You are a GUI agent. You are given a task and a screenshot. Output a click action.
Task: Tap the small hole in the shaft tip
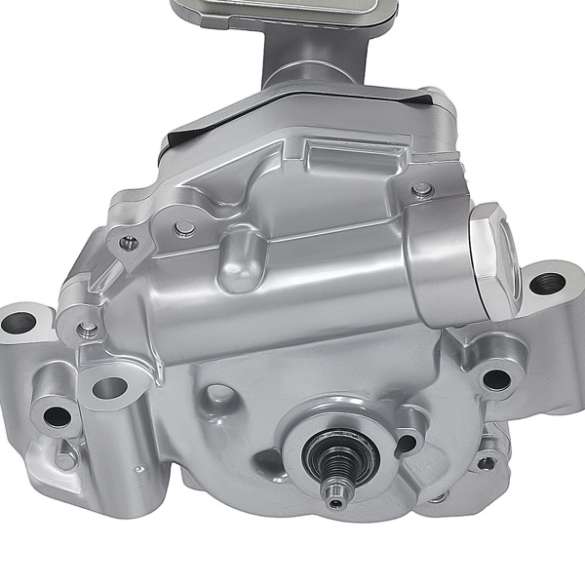[x=335, y=503]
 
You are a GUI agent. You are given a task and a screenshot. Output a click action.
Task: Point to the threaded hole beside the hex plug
[x=548, y=284]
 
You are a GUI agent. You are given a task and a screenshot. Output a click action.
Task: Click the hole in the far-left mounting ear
[x=15, y=319]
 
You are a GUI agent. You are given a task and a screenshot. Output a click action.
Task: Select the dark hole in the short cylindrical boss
[x=58, y=417]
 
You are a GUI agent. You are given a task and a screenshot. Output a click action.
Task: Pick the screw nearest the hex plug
[x=421, y=189]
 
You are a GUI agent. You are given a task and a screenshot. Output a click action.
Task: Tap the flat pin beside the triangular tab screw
[x=183, y=228]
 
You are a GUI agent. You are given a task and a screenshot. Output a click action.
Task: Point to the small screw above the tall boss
[x=89, y=328]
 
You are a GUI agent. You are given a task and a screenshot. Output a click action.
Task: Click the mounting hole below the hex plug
[x=496, y=377]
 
